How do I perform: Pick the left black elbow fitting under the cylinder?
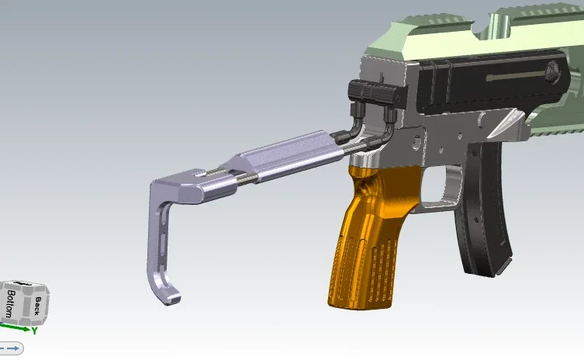pyautogui.click(x=354, y=123)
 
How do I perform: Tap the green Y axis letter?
pyautogui.click(x=34, y=331)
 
